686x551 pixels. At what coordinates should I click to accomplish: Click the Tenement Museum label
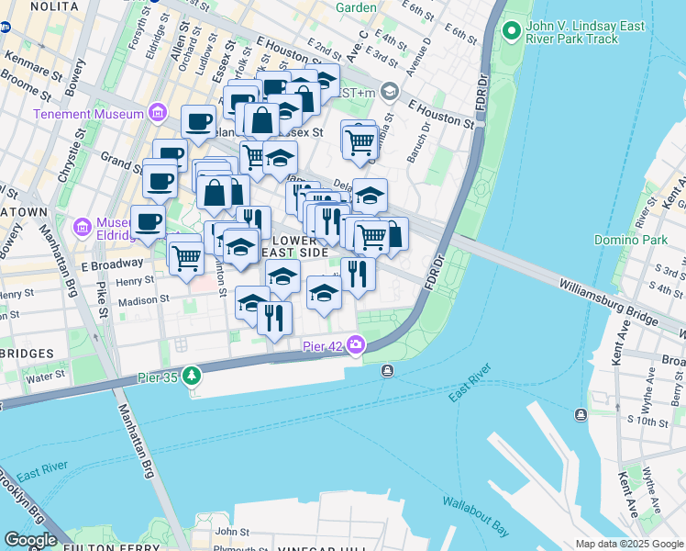[x=88, y=114]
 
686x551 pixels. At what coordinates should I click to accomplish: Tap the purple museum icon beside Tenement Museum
[x=158, y=114]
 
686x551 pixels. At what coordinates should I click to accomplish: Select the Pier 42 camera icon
[x=355, y=345]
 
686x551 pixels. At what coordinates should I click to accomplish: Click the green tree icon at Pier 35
[x=191, y=375]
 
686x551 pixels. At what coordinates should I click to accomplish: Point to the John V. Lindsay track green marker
[x=511, y=35]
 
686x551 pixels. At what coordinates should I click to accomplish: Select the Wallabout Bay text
[x=475, y=515]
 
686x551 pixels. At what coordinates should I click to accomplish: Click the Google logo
[x=31, y=540]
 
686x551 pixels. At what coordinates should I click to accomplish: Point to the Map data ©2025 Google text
[x=628, y=544]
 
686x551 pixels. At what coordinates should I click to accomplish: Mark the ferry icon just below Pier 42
[x=388, y=370]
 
